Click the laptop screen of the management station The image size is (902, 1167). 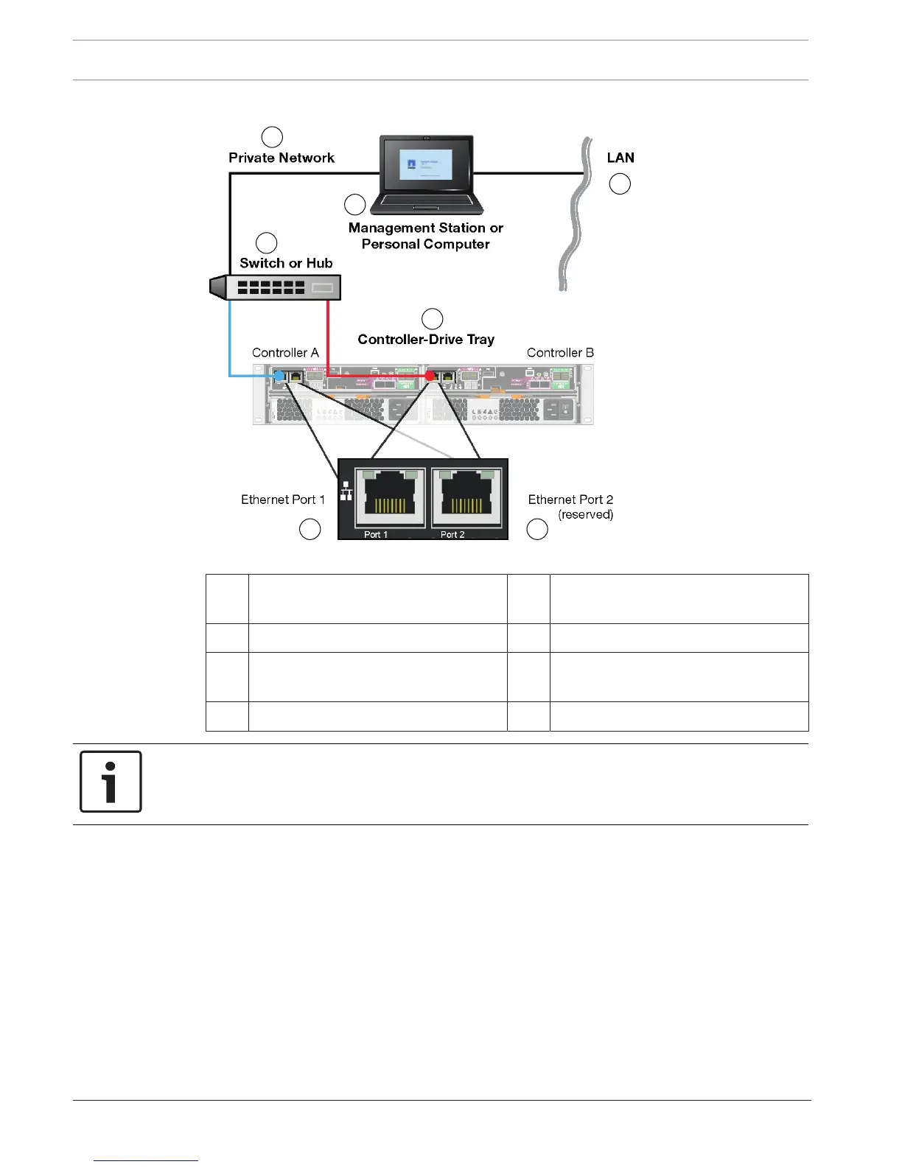click(x=426, y=164)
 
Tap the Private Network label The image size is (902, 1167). click(x=282, y=158)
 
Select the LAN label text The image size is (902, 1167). click(x=620, y=158)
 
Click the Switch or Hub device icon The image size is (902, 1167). click(x=276, y=287)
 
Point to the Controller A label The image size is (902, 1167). click(x=285, y=353)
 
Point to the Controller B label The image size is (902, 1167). click(x=560, y=353)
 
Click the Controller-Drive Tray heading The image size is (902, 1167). click(x=426, y=340)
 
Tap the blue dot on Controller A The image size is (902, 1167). click(x=279, y=376)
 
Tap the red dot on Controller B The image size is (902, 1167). click(x=430, y=376)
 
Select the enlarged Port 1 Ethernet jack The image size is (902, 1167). click(x=390, y=497)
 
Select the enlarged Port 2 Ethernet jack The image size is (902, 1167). click(x=466, y=497)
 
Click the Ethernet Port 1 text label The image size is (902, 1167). click(x=283, y=500)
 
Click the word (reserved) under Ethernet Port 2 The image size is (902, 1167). click(x=585, y=515)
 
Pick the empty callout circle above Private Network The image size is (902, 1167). click(x=272, y=137)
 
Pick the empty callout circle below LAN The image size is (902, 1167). click(x=620, y=184)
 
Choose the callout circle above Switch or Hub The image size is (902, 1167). click(x=266, y=243)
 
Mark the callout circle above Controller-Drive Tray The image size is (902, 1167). click(x=432, y=319)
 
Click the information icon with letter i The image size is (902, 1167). click(x=111, y=782)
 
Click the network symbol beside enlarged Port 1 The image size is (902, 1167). click(x=346, y=491)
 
